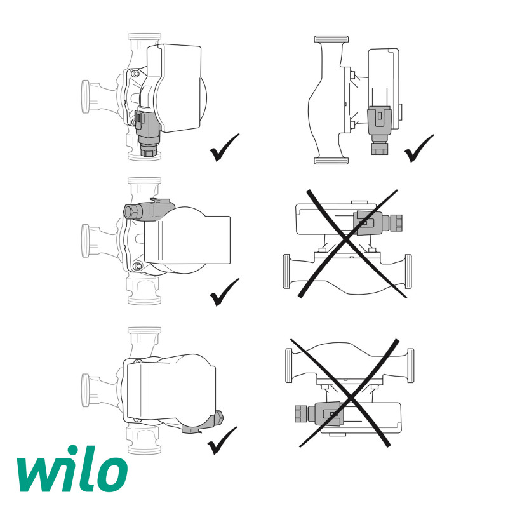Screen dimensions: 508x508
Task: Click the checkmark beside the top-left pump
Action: coord(224,147)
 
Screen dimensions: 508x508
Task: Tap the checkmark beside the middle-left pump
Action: coord(224,291)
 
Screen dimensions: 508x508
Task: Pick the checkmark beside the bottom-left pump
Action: coord(222,439)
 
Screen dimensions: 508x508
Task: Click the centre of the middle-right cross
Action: coord(349,243)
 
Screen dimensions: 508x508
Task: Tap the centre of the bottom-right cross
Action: coord(347,392)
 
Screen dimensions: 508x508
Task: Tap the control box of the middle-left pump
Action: coord(187,239)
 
